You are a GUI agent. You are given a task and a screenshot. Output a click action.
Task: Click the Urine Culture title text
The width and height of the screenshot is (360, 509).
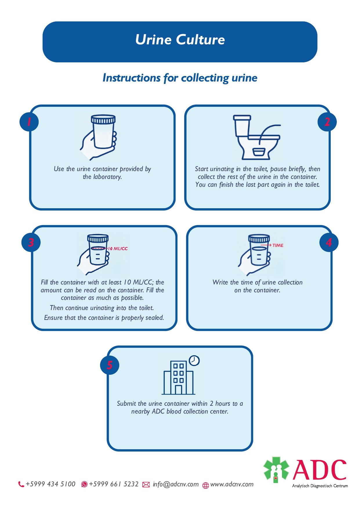[x=180, y=40]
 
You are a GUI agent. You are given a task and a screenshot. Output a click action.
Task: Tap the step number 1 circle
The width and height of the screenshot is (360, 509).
[x=29, y=122]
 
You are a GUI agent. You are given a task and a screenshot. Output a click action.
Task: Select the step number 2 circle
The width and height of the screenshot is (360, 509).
[x=327, y=122]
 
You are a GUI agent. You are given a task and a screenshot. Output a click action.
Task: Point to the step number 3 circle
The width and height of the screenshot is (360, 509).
[x=31, y=242]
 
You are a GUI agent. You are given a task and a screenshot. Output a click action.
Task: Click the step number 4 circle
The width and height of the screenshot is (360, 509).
[x=329, y=242]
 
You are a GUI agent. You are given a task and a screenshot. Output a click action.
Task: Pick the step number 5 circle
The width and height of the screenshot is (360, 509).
[x=110, y=365]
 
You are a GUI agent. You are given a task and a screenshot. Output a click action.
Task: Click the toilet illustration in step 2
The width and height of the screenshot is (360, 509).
[x=255, y=138]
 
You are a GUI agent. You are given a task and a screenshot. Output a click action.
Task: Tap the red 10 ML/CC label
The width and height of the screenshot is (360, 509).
[x=118, y=249]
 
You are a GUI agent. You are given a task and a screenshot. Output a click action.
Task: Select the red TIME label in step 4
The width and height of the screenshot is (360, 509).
[x=278, y=245]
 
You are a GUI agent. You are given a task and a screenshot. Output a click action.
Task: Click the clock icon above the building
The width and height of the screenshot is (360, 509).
[x=194, y=361]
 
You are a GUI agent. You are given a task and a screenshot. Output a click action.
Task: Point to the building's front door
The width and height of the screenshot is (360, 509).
[x=178, y=390]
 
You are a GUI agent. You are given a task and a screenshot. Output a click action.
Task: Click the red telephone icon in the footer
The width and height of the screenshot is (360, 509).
[x=21, y=484]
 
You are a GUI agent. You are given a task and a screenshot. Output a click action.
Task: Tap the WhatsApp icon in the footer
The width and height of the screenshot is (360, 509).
[x=84, y=484]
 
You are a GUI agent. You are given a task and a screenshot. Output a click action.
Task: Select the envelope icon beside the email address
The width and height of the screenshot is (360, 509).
[x=146, y=485]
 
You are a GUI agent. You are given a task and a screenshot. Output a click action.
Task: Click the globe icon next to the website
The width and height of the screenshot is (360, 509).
[x=206, y=485]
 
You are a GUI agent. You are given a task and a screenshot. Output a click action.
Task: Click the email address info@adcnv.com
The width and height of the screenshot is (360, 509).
[x=176, y=484]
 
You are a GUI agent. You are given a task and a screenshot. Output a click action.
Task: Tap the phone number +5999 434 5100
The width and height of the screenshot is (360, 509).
[x=50, y=484]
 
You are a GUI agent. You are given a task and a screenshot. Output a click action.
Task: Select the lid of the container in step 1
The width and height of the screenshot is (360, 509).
[x=103, y=119]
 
